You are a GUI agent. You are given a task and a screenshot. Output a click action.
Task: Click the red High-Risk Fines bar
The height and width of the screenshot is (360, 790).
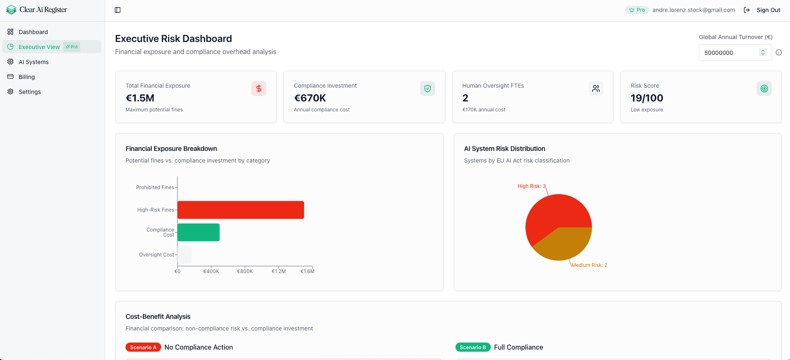click(x=241, y=210)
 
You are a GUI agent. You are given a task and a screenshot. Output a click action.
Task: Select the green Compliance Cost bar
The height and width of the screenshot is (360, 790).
click(x=199, y=232)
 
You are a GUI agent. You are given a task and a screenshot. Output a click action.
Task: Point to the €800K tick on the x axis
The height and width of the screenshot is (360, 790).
click(x=245, y=271)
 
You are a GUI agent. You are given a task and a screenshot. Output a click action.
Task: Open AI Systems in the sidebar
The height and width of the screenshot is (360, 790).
click(x=34, y=62)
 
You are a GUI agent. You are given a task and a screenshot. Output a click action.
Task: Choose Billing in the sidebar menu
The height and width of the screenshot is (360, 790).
click(x=27, y=77)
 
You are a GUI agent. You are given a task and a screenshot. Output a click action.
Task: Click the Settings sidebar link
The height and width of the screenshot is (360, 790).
click(x=30, y=92)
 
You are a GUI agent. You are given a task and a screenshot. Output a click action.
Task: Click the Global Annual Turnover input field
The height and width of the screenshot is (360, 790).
click(x=729, y=53)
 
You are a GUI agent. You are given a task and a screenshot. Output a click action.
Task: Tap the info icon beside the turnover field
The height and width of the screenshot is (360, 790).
click(x=779, y=52)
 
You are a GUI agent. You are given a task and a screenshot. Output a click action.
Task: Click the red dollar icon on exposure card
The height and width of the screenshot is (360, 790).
click(x=259, y=89)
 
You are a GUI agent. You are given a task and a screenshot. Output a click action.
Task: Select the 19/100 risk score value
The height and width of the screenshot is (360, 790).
click(x=647, y=98)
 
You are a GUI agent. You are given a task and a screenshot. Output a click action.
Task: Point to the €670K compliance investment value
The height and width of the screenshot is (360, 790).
click(x=310, y=98)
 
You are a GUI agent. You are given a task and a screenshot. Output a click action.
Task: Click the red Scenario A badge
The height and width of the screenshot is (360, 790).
click(x=143, y=348)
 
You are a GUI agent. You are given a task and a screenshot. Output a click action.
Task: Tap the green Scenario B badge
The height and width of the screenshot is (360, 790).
click(x=473, y=348)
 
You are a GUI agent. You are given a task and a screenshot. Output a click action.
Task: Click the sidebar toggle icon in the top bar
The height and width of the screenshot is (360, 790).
click(x=118, y=10)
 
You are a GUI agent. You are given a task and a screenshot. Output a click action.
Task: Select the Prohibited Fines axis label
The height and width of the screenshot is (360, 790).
click(x=155, y=187)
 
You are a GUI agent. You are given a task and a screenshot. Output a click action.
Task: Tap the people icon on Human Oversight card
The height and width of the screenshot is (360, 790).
click(x=596, y=89)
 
